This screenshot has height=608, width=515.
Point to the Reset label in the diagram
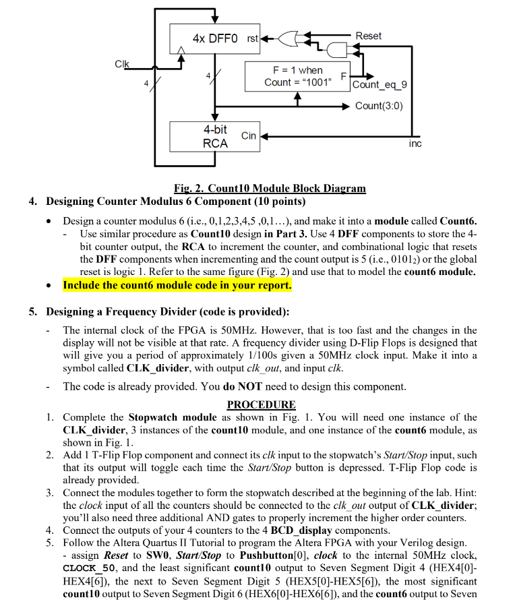(x=368, y=36)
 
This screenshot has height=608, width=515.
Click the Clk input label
(x=122, y=64)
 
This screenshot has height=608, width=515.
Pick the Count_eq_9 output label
(x=380, y=84)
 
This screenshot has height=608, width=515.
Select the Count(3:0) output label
(x=379, y=106)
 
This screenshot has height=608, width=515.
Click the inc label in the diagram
(x=415, y=144)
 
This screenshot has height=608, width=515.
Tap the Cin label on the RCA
(x=249, y=135)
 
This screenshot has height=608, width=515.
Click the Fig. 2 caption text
(x=270, y=188)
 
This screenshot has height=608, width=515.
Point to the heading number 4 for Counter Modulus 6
(x=50, y=202)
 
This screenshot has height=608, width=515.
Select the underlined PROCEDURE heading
(x=261, y=404)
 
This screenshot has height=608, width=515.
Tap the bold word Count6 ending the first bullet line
(x=458, y=220)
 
